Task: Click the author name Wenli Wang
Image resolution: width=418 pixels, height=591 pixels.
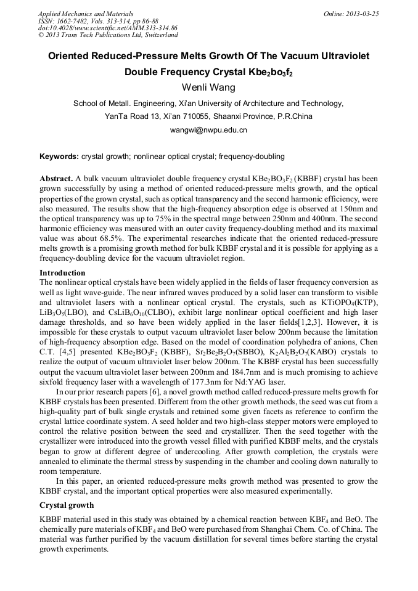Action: coord(208,87)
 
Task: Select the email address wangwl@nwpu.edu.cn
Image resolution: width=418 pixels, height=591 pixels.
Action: coord(208,130)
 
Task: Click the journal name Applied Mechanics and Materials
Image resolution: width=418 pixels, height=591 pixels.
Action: coord(86,14)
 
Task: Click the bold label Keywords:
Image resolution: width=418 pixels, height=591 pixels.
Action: coord(59,157)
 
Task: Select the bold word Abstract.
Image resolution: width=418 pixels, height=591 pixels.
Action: coord(56,178)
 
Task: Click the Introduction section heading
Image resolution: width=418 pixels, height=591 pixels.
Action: coord(62,272)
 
